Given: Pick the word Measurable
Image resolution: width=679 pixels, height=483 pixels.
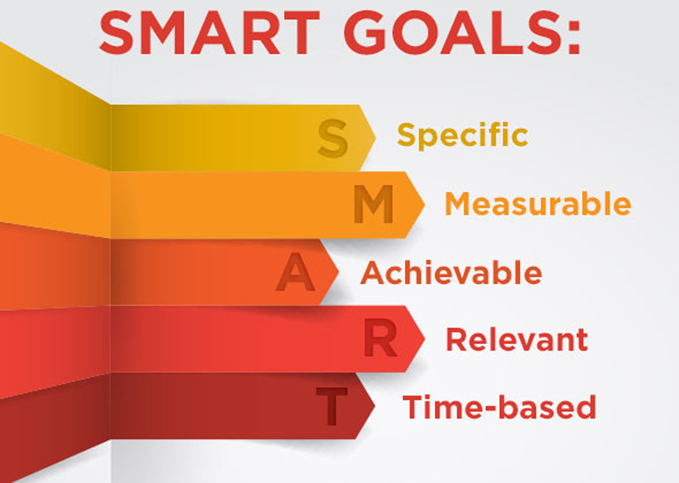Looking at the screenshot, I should tap(538, 204).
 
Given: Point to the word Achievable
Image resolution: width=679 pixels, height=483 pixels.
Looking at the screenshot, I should tap(451, 273).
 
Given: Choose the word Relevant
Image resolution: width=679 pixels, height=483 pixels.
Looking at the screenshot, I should tap(517, 340).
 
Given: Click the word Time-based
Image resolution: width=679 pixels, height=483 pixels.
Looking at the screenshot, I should tap(499, 407).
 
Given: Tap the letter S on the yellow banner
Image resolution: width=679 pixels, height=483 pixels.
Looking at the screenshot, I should tap(333, 138).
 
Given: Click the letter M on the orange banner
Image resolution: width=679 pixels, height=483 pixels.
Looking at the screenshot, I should tap(374, 205).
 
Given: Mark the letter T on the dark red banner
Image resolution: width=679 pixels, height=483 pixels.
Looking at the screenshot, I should tap(332, 406).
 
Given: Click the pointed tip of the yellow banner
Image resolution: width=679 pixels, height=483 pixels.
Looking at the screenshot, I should tap(374, 137).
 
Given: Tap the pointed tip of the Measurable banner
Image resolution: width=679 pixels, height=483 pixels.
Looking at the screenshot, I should tap(423, 205).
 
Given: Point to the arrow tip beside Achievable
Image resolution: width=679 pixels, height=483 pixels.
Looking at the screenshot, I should tap(337, 272).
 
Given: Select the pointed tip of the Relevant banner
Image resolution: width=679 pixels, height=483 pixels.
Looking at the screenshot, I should tap(423, 338).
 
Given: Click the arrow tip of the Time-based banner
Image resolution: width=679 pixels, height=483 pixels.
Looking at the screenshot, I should tap(373, 406).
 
